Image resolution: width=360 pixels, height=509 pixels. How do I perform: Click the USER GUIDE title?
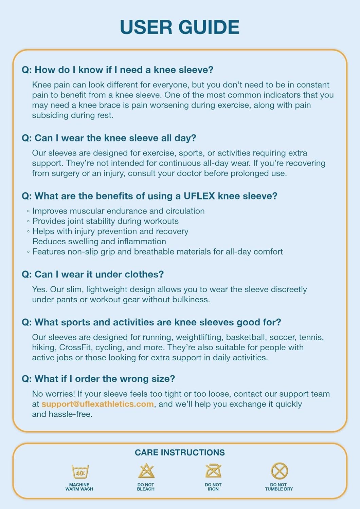tap(180, 27)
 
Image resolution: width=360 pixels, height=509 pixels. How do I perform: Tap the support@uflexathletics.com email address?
tap(97, 404)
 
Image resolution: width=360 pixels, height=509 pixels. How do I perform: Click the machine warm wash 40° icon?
tap(80, 472)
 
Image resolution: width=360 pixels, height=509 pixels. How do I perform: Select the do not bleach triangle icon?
tap(146, 471)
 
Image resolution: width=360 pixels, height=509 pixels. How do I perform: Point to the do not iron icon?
tap(213, 471)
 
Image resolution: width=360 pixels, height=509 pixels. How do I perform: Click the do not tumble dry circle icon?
tap(279, 471)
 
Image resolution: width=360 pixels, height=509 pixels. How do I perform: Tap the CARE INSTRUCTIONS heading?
tap(180, 452)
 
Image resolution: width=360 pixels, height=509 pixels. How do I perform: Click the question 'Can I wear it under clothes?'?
tap(93, 274)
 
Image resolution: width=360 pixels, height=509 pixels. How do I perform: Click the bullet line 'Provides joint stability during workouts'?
tap(105, 221)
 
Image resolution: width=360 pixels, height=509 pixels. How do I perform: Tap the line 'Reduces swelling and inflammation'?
tap(99, 242)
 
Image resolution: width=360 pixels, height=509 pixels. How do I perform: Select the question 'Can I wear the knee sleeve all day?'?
tap(109, 138)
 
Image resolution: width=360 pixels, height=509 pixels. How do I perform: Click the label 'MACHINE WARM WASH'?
tap(79, 487)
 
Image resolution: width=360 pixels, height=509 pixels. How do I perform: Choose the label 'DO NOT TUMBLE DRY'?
tap(279, 487)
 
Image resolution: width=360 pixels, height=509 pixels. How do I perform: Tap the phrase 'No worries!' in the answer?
tap(53, 394)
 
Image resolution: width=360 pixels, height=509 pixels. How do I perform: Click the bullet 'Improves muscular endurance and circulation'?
tap(118, 211)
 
